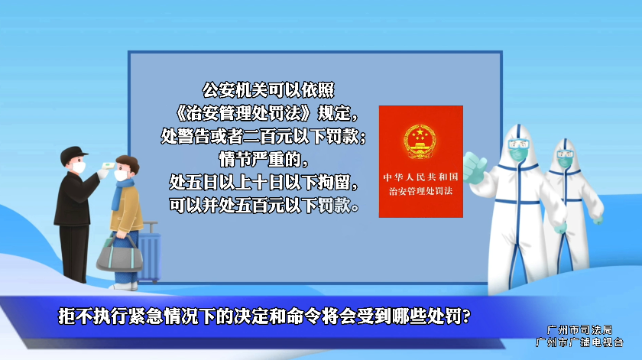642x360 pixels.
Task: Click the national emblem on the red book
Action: coord(420,141)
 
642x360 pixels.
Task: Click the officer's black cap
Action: coord(73,154)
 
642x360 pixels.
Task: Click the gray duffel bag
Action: coord(119,255)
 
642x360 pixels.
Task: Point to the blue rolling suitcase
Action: coord(149,252)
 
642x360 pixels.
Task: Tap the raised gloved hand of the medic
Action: coord(475,169)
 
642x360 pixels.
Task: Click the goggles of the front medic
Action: coord(519,144)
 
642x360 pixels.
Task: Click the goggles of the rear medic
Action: coord(566,154)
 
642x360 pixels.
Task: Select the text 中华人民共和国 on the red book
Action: coord(420,177)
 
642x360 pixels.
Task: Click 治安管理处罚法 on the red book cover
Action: coord(420,191)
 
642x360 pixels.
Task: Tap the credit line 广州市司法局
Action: coord(579,329)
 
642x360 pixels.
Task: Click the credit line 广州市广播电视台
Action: coord(579,342)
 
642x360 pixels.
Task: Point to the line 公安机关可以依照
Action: coord(268,90)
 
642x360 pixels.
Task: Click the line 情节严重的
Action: coord(264,159)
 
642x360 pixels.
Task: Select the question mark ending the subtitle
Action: coord(466,316)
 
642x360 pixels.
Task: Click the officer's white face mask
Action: coord(79,167)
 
